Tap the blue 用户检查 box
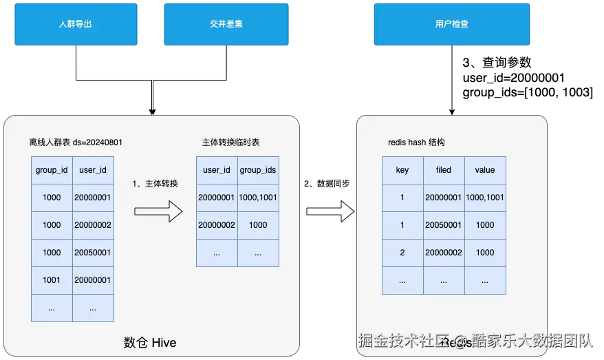coord(451,23)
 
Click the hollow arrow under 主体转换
coord(158,211)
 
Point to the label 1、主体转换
coord(155,184)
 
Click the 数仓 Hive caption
coord(149,342)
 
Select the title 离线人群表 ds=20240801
coord(76,142)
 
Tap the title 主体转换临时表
coord(230,142)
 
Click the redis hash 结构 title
coord(416,142)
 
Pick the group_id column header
coord(52,170)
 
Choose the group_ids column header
coord(258,170)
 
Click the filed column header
coord(444,170)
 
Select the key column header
coord(402,170)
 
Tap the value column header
coord(485,170)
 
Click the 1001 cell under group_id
coord(52,280)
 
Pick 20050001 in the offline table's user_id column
coord(93,253)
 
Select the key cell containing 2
coord(402,253)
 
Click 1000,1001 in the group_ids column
coord(258,198)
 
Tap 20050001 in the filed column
coord(444,225)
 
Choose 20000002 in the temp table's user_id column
coord(217,225)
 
